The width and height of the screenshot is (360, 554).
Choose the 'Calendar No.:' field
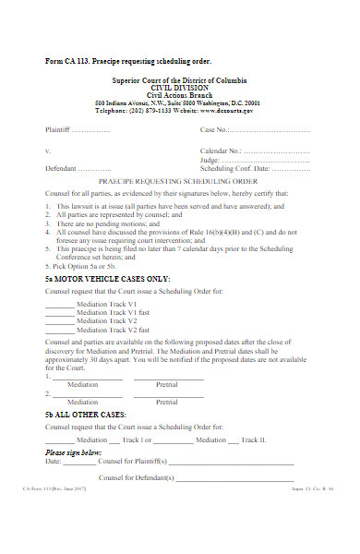[x=222, y=150]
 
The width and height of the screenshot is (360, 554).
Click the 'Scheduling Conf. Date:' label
[x=236, y=169]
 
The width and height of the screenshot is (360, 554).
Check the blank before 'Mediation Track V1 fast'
[x=59, y=312]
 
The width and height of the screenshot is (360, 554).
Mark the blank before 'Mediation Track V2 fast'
[x=59, y=330]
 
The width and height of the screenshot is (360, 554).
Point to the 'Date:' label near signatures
[x=54, y=462]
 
